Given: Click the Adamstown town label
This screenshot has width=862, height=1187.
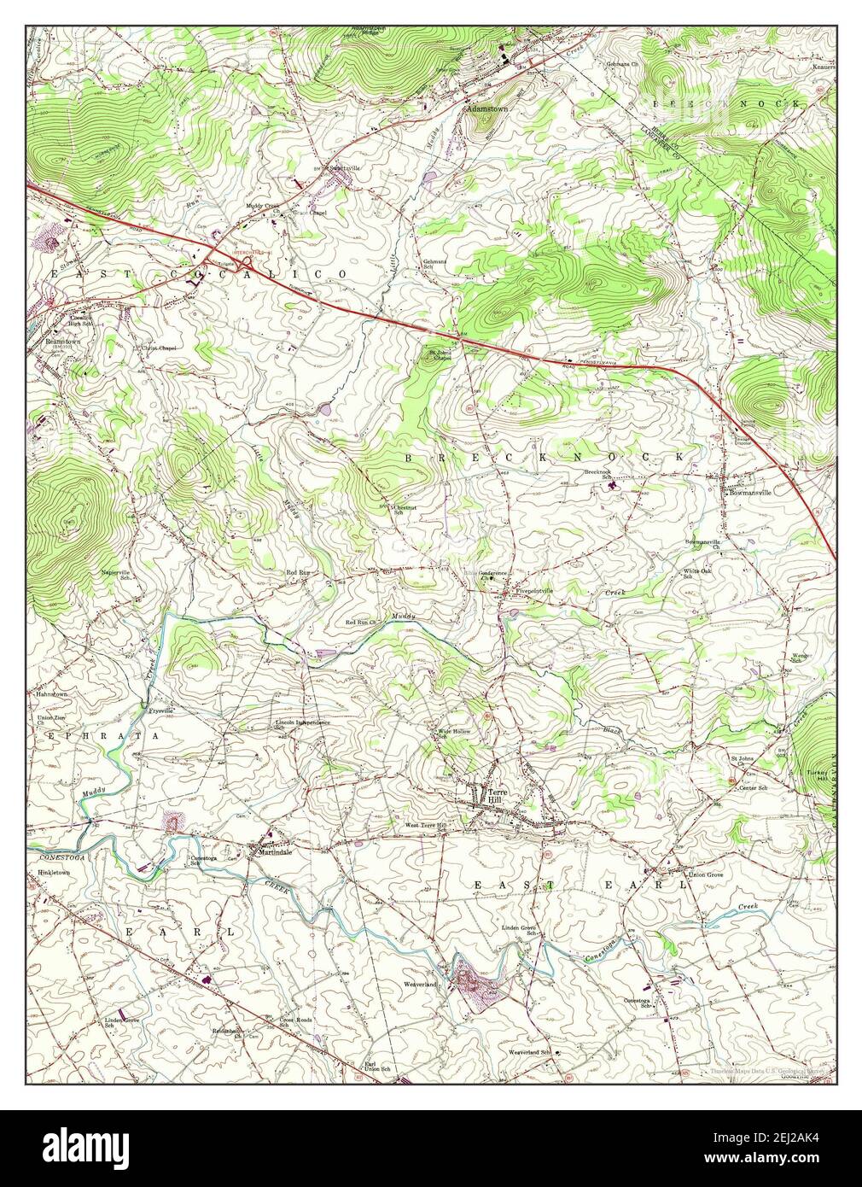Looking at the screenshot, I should click(483, 109).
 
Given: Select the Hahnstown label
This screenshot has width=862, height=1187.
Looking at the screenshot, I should click(51, 695).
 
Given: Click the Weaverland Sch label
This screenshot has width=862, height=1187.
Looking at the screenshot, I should click(530, 1052).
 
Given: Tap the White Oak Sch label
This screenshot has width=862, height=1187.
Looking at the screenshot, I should click(697, 573).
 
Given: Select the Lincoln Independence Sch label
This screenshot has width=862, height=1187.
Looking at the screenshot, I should click(301, 724).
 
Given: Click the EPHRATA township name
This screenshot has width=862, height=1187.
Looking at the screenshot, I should click(80, 735).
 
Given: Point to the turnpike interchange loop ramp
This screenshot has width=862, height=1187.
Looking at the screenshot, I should click(246, 266).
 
